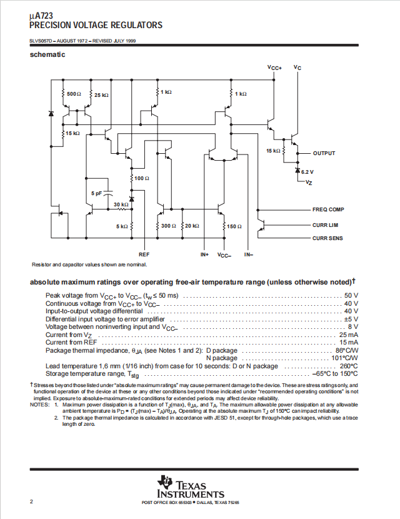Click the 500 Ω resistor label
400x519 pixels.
click(x=74, y=94)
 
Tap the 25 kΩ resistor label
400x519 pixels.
click(x=101, y=95)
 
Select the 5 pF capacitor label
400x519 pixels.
click(x=97, y=193)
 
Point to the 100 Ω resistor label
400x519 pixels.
click(x=142, y=178)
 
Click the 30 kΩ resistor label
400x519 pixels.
click(x=121, y=204)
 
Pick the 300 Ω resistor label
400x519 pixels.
click(x=168, y=226)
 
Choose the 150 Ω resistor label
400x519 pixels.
click(x=234, y=226)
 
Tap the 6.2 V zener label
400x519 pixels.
click(x=307, y=172)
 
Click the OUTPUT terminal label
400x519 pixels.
click(x=324, y=153)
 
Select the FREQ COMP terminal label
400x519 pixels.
click(x=328, y=209)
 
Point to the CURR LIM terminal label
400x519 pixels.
click(x=325, y=225)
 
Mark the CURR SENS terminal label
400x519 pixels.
click(x=327, y=238)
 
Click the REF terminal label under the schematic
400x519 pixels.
click(x=144, y=254)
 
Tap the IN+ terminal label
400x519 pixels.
click(x=204, y=254)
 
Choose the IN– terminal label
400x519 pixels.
click(x=249, y=254)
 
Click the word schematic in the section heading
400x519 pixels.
click(x=47, y=54)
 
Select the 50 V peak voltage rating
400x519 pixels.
click(x=351, y=296)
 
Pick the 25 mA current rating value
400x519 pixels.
click(x=348, y=335)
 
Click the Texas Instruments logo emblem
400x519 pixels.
click(x=165, y=482)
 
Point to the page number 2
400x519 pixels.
click(x=31, y=501)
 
